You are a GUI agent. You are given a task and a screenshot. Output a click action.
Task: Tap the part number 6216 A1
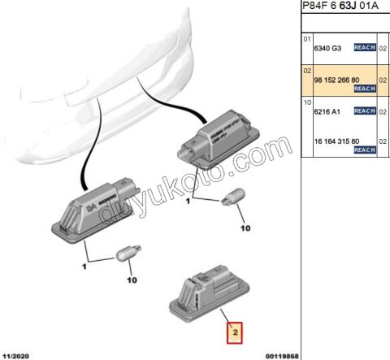pyautogui.click(x=328, y=111)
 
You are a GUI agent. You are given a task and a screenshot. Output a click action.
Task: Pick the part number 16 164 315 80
pyautogui.click(x=341, y=141)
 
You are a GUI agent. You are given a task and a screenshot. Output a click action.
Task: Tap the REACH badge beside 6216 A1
pyautogui.click(x=363, y=111)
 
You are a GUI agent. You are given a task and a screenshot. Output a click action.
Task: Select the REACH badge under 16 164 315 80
pyautogui.click(x=363, y=150)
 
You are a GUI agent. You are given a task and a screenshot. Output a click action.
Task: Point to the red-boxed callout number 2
pyautogui.click(x=234, y=332)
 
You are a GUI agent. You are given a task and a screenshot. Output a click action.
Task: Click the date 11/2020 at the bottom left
pyautogui.click(x=17, y=355)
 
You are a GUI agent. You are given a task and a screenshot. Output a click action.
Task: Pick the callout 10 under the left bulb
pyautogui.click(x=132, y=280)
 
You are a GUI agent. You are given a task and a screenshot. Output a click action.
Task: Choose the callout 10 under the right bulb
pyautogui.click(x=245, y=229)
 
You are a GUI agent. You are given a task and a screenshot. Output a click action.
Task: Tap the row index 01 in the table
pyautogui.click(x=307, y=39)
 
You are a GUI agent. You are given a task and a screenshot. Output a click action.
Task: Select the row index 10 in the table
pyautogui.click(x=307, y=102)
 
